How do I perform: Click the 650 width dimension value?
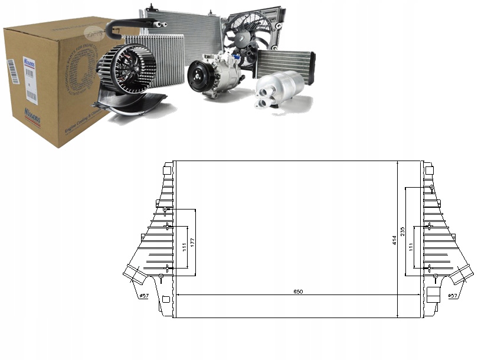[299, 292]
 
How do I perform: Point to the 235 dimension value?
[402, 231]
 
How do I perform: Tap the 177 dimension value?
[192, 243]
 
